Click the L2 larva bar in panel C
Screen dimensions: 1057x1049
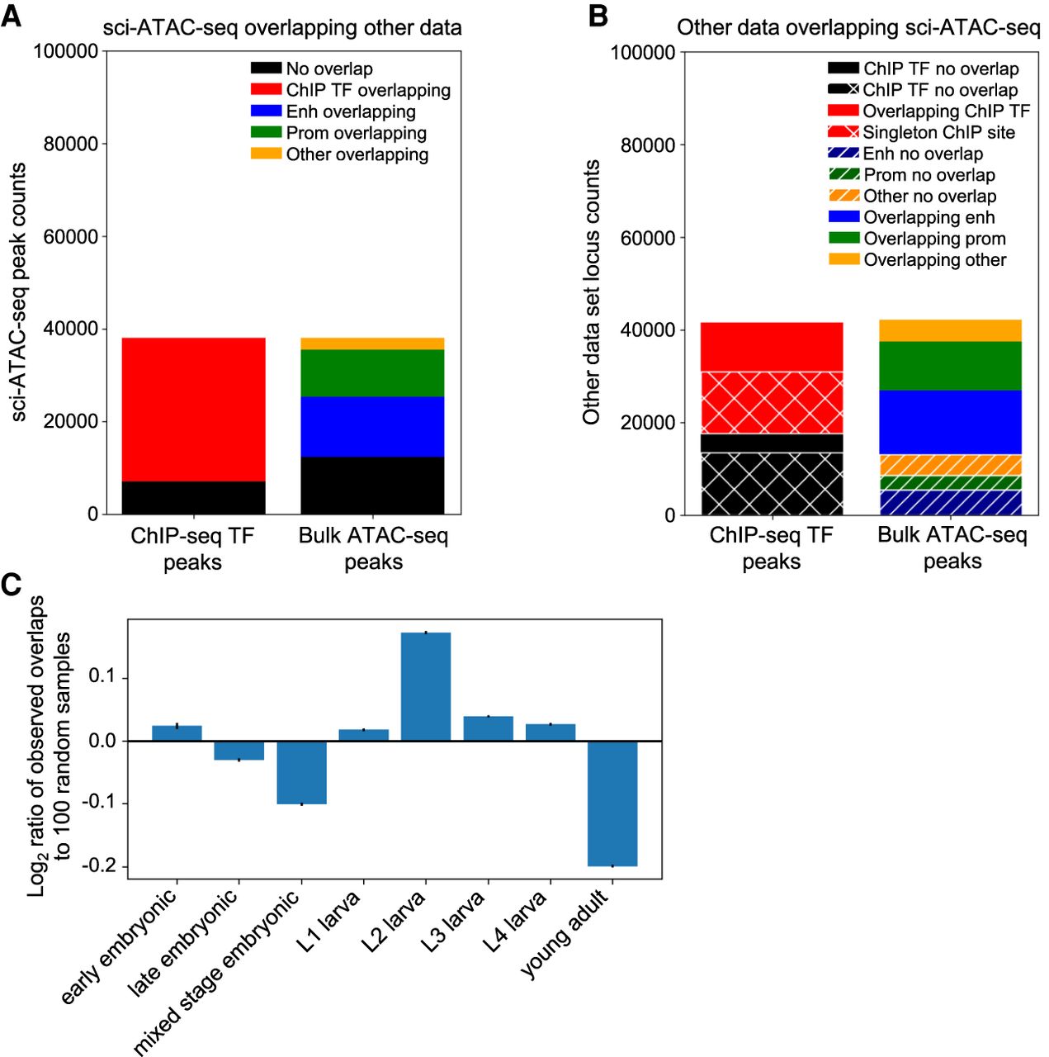[x=426, y=686]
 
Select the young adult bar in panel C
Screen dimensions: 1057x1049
[x=612, y=803]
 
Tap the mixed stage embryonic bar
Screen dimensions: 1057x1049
[x=301, y=772]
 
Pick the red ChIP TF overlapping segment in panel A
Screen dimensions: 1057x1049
[x=193, y=410]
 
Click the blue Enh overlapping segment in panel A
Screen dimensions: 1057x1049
[x=372, y=427]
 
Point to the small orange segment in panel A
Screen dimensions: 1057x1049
[x=372, y=344]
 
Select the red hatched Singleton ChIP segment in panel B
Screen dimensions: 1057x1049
[x=772, y=402]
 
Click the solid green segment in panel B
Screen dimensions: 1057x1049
[x=952, y=366]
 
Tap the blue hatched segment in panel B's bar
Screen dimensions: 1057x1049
[x=952, y=503]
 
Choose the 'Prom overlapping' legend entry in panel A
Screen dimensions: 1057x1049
[x=356, y=133]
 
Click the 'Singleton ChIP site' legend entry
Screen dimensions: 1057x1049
[x=938, y=132]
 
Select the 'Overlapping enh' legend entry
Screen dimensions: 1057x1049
[x=929, y=217]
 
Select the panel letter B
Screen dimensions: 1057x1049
[x=598, y=17]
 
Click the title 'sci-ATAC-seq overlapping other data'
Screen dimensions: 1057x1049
[x=282, y=27]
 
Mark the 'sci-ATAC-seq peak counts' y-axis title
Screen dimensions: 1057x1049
[x=18, y=292]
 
